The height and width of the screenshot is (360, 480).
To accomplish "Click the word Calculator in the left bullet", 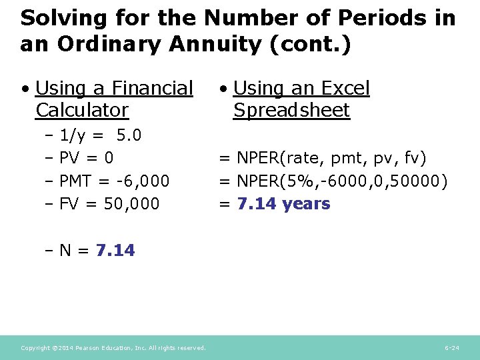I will click(82, 109).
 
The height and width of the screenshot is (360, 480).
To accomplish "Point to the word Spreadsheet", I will click(291, 110).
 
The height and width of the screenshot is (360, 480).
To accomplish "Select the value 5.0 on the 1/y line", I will click(129, 136).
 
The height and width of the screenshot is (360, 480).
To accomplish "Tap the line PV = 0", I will click(86, 159).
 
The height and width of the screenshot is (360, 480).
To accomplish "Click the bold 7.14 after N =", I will click(115, 251).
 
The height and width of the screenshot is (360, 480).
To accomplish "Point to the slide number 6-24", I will click(451, 348).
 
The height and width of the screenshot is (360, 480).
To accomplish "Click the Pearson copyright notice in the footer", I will click(113, 348).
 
